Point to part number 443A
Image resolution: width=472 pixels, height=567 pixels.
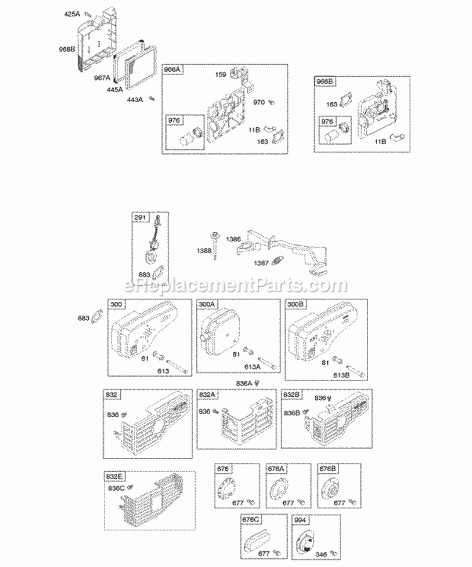click(135, 99)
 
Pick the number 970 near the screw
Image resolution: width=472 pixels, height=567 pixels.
click(259, 101)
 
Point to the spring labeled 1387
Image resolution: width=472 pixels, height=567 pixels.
click(262, 263)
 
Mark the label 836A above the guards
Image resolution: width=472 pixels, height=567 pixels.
click(244, 382)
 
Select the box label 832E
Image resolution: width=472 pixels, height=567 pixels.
click(114, 478)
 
